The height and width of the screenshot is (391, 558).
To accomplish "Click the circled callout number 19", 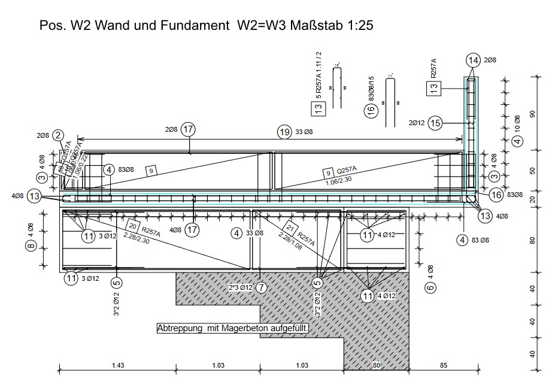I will point(284,131).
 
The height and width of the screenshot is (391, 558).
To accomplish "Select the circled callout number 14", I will point(473,60).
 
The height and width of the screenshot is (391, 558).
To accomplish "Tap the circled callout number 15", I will point(435,123).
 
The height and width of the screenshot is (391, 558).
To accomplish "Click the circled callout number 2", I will point(58,136).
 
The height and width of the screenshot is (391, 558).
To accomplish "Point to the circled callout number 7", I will point(260,287).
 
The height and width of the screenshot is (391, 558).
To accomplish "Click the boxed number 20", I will point(133,226).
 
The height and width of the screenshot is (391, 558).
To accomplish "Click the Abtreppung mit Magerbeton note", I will point(232,328).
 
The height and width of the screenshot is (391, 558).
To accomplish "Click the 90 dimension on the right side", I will point(532,114).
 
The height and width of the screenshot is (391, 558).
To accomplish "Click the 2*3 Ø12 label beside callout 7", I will point(240,287).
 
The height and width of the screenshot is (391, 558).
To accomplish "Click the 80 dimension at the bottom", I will point(376,365).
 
